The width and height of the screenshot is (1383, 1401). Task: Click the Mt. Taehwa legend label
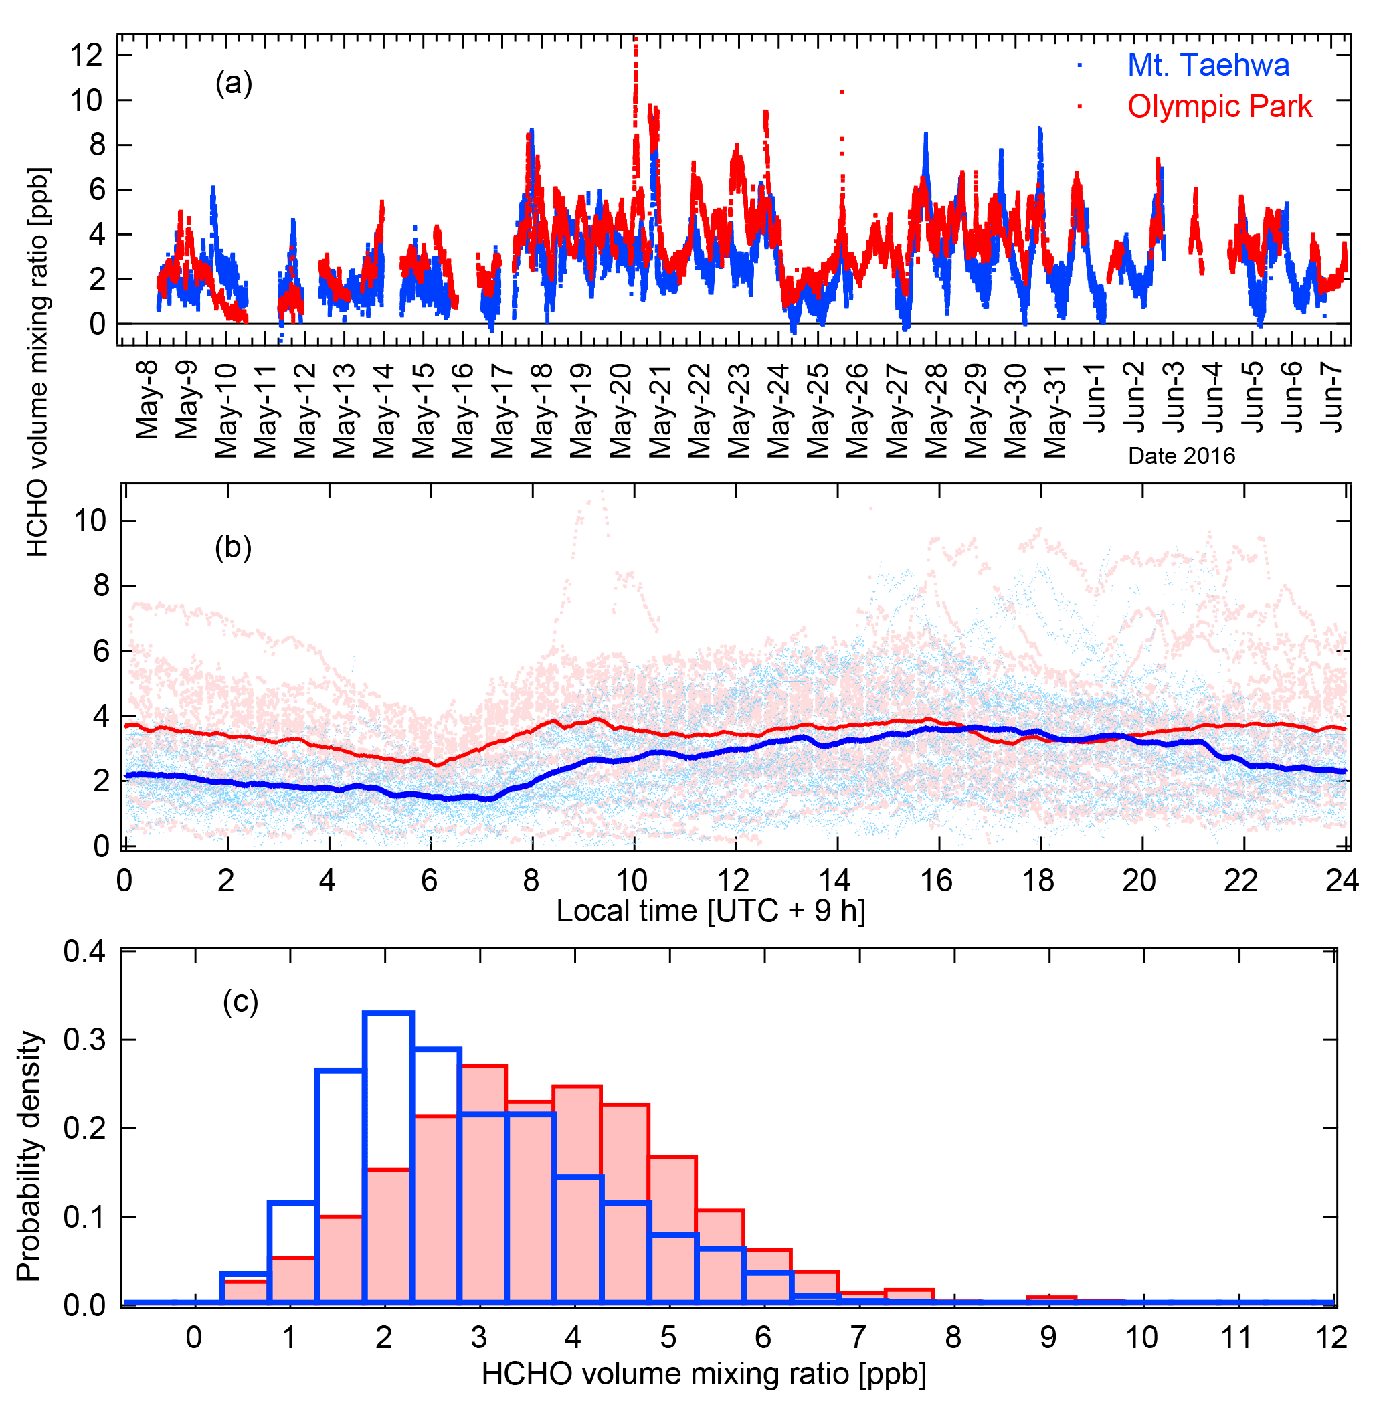(1208, 66)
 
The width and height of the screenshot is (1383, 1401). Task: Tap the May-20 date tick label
(621, 409)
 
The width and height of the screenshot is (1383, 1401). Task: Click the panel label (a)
(234, 84)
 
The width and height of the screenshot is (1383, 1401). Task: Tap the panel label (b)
(233, 548)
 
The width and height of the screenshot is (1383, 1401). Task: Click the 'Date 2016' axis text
(1182, 456)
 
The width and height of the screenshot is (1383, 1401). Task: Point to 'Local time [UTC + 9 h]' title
(711, 911)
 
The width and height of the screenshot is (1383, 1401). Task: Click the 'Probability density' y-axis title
(29, 1156)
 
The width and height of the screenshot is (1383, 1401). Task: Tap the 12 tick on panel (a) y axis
(86, 55)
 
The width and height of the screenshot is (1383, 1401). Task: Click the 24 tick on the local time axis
(1342, 880)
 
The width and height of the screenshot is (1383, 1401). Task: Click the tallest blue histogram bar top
(388, 1014)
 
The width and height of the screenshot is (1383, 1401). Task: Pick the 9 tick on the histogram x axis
(1048, 1338)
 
